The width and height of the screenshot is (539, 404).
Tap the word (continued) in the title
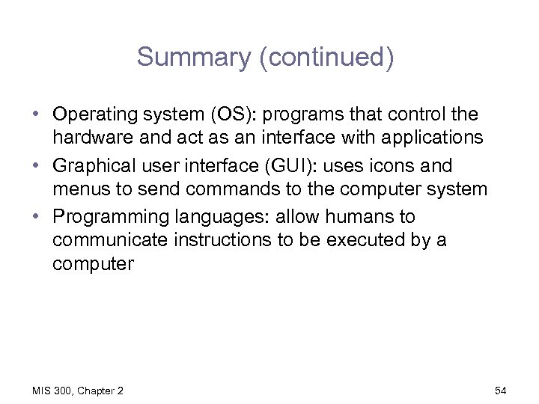click(x=325, y=58)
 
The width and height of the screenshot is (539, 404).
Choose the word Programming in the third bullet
click(x=107, y=217)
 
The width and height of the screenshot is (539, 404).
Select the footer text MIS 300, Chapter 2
click(x=79, y=391)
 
